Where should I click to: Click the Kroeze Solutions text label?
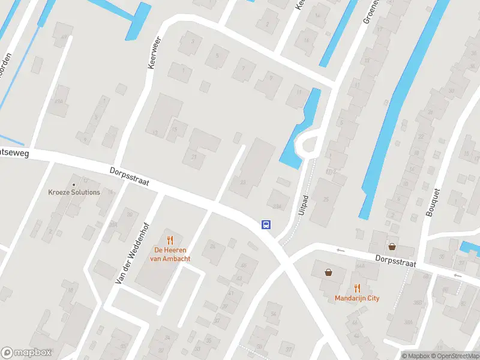(x=74, y=192)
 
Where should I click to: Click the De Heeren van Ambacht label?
(x=170, y=254)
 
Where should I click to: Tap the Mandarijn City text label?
(x=357, y=298)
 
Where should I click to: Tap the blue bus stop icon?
(x=266, y=225)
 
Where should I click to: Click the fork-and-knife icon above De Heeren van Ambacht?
(x=170, y=239)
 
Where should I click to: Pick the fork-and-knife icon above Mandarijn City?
(x=357, y=287)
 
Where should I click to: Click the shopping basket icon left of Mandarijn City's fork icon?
(x=328, y=272)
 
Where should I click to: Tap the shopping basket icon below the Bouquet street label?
(x=392, y=246)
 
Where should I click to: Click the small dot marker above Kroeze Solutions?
(x=74, y=184)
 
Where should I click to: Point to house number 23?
(x=242, y=182)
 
